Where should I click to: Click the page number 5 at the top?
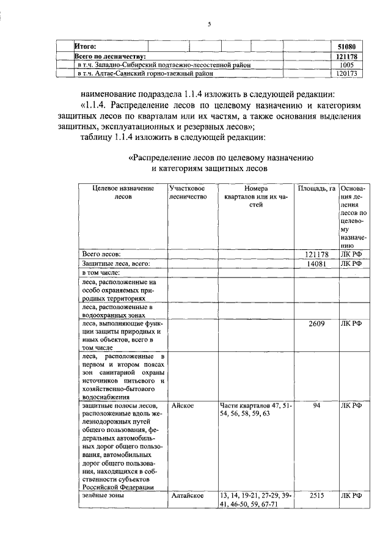[209, 24]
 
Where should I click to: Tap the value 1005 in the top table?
[346, 65]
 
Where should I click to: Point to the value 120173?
[346, 73]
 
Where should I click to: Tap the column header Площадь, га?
[316, 188]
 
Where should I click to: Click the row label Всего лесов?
[101, 254]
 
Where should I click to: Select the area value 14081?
[316, 263]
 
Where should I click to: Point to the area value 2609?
[316, 323]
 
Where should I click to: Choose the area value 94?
[316, 405]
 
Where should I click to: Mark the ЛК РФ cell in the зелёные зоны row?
[351, 496]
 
